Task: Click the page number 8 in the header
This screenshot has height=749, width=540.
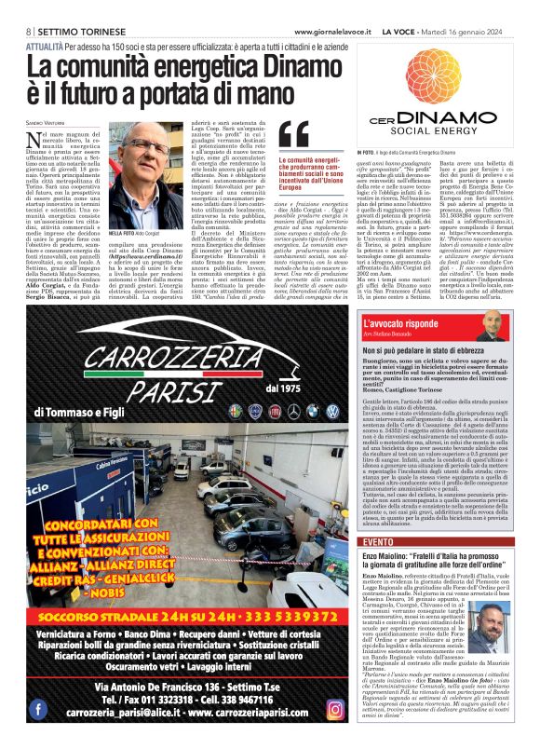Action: tap(28, 31)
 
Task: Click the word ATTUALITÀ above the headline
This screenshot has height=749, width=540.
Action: tap(45, 44)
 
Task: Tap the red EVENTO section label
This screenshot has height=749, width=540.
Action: tap(379, 541)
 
